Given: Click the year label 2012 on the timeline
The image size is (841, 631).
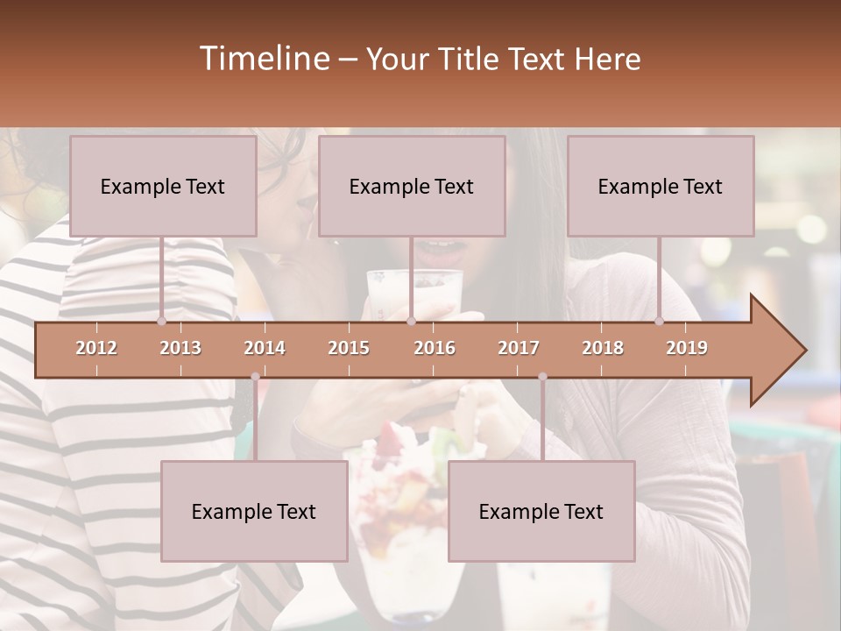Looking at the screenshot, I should coord(96,348).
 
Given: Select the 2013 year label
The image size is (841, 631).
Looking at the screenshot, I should coord(180,348).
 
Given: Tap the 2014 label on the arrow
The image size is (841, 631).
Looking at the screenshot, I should coord(265,348).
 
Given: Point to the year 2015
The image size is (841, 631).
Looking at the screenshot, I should coord(349,348).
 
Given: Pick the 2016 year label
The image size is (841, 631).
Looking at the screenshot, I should coord(435,348).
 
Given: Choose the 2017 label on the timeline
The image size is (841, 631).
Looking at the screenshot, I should coord(519,348).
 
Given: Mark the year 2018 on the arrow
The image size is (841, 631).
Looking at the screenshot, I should coord(603,348).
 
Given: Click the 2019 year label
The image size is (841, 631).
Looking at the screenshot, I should coord(687,348).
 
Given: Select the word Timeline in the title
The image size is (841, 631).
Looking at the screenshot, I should coord(264,59).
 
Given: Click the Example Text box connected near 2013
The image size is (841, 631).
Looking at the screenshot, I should coord(163,186).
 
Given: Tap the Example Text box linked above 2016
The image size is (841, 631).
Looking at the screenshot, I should coord(412,186).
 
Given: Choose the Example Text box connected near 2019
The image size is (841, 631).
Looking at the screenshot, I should coord(661,186).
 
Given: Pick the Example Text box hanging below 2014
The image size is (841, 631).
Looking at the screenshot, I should coord(254,511).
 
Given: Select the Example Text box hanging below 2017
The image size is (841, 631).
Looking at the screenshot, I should coord(541,511).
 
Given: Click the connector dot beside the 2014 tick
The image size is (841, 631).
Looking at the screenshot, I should coord(255,377).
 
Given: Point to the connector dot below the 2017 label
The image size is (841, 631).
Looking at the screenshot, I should coord(542,377).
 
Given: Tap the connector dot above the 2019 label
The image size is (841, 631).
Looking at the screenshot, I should coord(660,321).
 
